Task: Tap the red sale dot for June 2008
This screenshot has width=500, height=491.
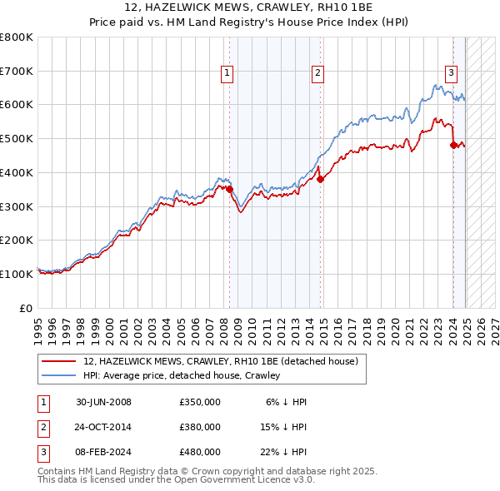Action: click(x=230, y=189)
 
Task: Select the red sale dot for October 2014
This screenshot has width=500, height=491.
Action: click(x=320, y=179)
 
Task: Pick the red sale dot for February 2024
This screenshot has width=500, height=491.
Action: click(x=453, y=145)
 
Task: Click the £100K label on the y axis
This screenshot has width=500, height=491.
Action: click(x=17, y=274)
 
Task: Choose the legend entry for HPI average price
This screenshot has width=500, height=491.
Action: click(x=181, y=375)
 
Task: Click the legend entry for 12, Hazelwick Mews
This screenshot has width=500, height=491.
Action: click(x=221, y=361)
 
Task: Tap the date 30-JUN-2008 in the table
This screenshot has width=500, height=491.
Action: click(x=103, y=402)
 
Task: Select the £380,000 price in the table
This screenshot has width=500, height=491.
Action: click(x=200, y=427)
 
